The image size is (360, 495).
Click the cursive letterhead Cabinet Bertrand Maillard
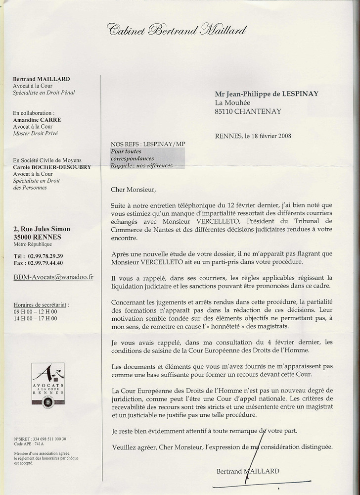coord(176,30)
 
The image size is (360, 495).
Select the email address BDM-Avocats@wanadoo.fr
coord(53,277)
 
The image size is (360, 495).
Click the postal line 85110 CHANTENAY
coord(248,111)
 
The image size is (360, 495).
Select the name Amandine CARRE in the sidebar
coord(37,120)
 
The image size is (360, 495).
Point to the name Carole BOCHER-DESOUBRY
coord(52,167)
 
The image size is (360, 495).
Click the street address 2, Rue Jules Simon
coord(42,229)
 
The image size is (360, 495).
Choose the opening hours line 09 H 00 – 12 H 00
coord(36,312)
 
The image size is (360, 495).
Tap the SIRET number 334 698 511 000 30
coord(47,439)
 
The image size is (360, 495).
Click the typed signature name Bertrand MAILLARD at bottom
coord(248,471)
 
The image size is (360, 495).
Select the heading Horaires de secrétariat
coord(41,305)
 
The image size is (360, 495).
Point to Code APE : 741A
coord(30,445)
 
